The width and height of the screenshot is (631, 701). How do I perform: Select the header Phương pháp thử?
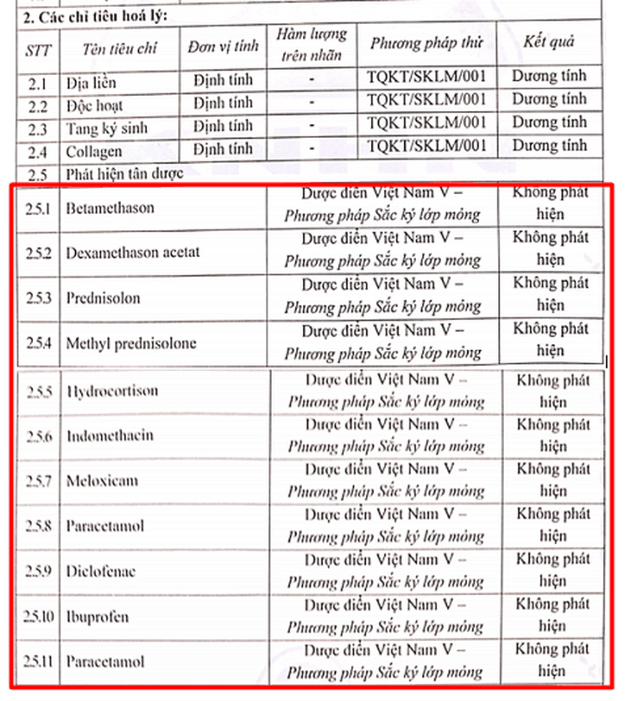pyautogui.click(x=426, y=43)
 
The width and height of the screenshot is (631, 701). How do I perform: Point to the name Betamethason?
pyautogui.click(x=110, y=208)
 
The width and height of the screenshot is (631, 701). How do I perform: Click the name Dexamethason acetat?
pyautogui.click(x=133, y=252)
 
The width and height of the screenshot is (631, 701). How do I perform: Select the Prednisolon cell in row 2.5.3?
pyautogui.click(x=103, y=298)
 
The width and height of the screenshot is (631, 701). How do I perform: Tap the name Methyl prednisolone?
pyautogui.click(x=131, y=344)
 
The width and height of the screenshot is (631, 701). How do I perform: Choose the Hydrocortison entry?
pyautogui.click(x=112, y=390)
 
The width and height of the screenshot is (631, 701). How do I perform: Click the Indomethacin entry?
pyautogui.click(x=110, y=435)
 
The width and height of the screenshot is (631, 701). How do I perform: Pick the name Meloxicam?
pyautogui.click(x=102, y=480)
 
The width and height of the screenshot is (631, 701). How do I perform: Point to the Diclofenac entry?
pyautogui.click(x=101, y=570)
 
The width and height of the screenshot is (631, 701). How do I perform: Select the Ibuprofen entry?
pyautogui.click(x=98, y=616)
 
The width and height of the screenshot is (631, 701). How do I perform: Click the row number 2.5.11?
pyautogui.click(x=39, y=661)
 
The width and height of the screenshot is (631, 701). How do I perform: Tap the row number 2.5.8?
pyautogui.click(x=39, y=526)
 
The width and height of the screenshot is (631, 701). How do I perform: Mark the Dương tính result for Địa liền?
pyautogui.click(x=549, y=76)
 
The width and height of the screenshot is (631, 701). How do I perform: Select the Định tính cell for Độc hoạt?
pyautogui.click(x=223, y=103)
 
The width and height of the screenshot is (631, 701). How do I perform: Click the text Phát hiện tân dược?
pyautogui.click(x=124, y=173)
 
